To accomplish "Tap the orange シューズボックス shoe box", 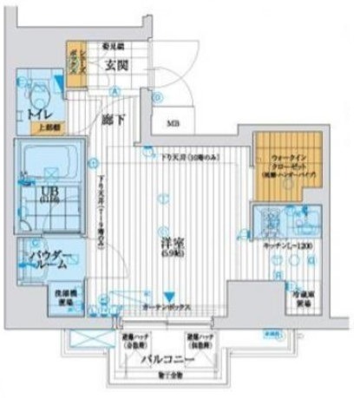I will (x=75, y=64).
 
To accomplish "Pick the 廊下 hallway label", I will (x=110, y=119).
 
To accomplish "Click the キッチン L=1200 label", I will (x=284, y=248).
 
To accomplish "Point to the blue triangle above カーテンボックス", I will (x=172, y=296).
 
